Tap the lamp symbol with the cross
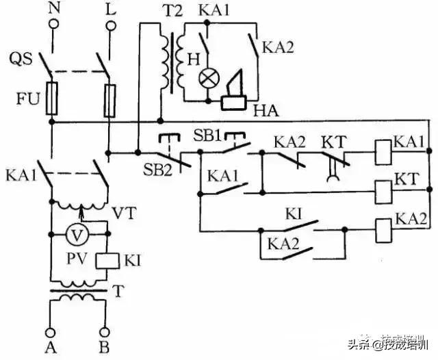pyautogui.click(x=206, y=77)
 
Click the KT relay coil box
pyautogui.click(x=382, y=188)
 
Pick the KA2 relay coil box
pyautogui.click(x=382, y=227)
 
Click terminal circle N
pyautogui.click(x=52, y=26)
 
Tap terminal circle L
pyautogui.click(x=108, y=26)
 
